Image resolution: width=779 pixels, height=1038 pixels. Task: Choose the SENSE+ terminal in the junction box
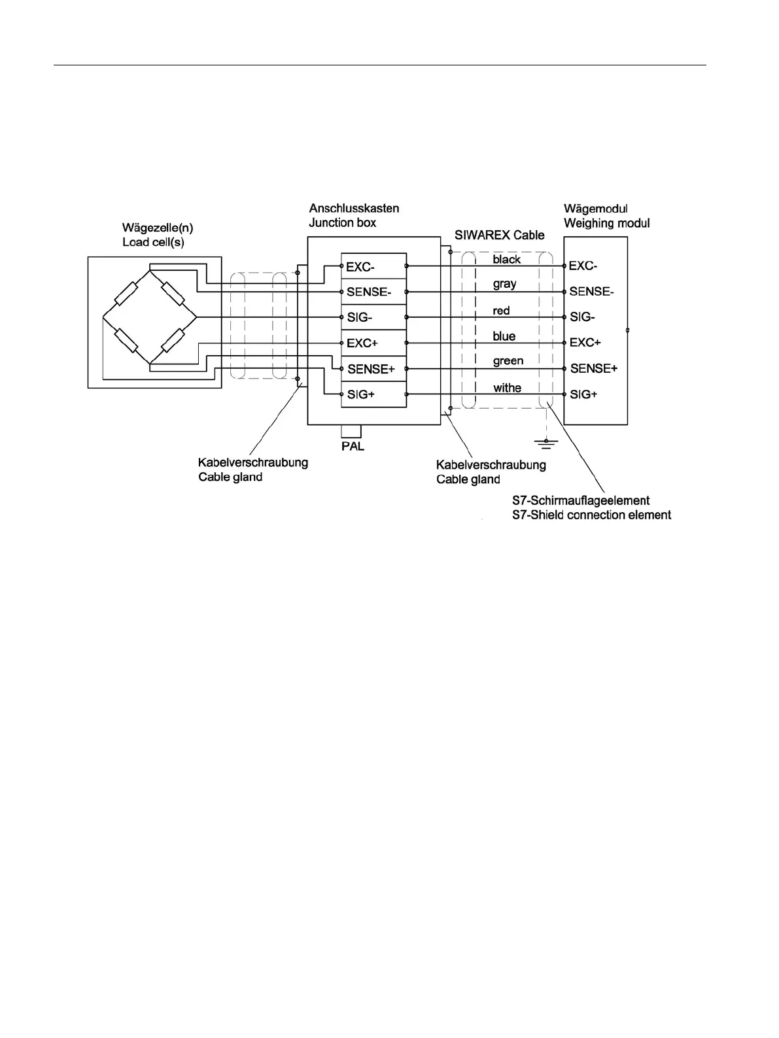coord(371,369)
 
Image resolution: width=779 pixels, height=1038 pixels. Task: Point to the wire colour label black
coord(507,259)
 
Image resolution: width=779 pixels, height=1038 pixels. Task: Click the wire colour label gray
coord(504,284)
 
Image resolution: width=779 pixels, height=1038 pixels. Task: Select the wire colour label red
coord(501,310)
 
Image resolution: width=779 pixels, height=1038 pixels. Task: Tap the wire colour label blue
coord(504,336)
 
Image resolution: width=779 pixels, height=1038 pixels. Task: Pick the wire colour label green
coord(508,361)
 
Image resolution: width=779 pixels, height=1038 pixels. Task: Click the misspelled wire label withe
coord(507,388)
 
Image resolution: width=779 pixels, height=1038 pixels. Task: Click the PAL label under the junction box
coord(352,447)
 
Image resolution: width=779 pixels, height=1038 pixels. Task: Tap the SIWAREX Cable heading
coord(500,235)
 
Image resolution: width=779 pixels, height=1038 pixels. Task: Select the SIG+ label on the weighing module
coord(583,394)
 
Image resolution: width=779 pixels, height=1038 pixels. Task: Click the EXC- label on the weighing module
coord(583,266)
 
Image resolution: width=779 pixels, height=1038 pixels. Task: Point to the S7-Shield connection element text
coord(591,515)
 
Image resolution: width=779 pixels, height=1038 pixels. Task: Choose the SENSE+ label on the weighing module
coord(593,369)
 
